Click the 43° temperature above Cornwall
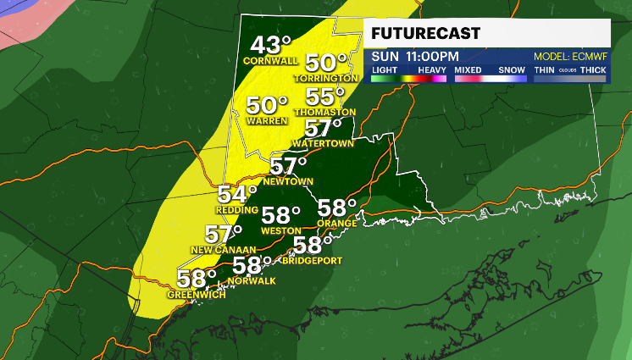pyautogui.click(x=270, y=45)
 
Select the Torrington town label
pyautogui.click(x=327, y=78)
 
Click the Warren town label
pyautogui.click(x=263, y=120)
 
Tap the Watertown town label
pyautogui.click(x=328, y=143)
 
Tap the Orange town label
pyautogui.click(x=334, y=223)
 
